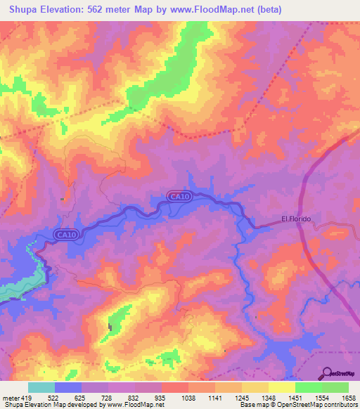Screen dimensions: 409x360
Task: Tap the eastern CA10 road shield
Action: point(179,196)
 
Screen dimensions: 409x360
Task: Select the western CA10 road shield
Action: point(66,234)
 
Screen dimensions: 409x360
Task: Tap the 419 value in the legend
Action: point(25,398)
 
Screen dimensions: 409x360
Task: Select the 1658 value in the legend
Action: point(348,398)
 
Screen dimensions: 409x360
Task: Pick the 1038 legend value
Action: point(188,398)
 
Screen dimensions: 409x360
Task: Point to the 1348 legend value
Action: point(268,398)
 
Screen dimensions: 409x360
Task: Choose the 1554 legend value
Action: point(321,398)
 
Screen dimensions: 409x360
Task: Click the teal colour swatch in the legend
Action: point(41,387)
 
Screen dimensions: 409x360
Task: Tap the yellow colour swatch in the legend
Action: point(281,387)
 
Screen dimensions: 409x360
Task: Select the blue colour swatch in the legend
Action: point(68,387)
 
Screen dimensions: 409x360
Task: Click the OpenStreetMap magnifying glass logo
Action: point(328,372)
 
